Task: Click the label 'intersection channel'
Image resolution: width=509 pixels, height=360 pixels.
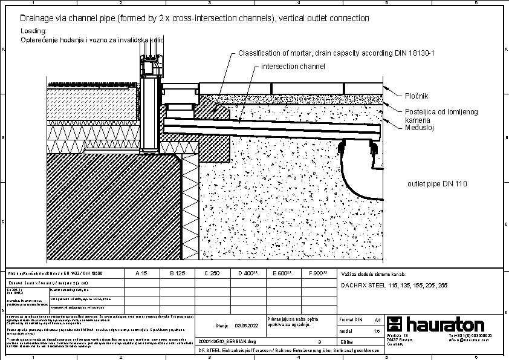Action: [293, 66]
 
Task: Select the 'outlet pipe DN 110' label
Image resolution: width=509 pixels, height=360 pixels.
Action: [437, 183]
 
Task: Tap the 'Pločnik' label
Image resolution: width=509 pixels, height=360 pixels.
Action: [416, 96]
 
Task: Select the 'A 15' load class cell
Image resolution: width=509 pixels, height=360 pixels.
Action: [140, 273]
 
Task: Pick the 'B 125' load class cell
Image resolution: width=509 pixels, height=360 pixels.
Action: [177, 273]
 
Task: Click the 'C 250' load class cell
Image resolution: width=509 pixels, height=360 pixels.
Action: [212, 273]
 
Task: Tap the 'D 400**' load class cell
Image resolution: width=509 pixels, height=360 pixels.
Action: [248, 273]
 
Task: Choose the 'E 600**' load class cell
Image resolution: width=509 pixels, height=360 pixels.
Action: [282, 273]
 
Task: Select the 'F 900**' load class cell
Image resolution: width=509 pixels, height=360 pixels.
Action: [318, 273]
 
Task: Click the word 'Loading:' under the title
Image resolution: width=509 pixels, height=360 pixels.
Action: [34, 31]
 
